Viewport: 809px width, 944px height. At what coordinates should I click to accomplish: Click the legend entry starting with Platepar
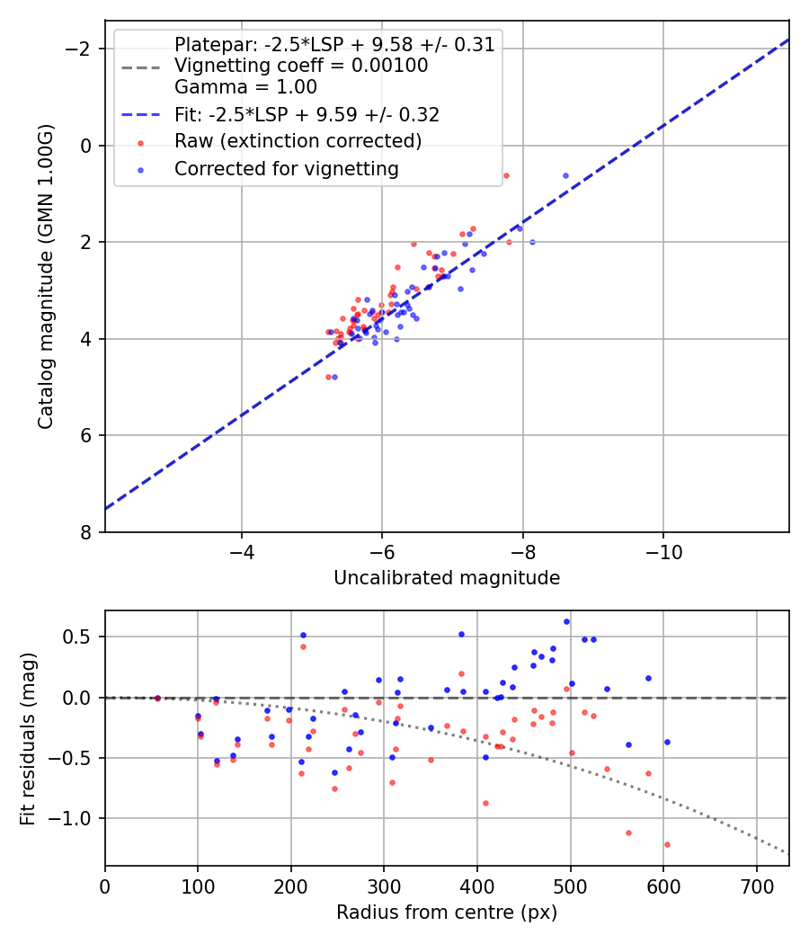[334, 45]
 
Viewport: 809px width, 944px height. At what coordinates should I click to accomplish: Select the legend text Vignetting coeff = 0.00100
[301, 66]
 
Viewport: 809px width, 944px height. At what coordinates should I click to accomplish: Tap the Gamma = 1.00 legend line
[245, 87]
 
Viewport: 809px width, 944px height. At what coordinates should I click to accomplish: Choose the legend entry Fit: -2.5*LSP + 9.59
[307, 114]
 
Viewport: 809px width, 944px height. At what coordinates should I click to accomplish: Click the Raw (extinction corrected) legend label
[298, 141]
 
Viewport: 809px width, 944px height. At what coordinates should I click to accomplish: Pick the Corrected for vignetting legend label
[287, 168]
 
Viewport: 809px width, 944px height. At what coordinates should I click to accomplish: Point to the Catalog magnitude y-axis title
[46, 276]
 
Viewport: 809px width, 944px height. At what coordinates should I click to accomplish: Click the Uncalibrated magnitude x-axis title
[447, 578]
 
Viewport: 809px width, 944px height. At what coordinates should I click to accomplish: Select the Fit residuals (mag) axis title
[28, 737]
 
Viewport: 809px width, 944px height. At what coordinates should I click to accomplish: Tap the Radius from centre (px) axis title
[447, 913]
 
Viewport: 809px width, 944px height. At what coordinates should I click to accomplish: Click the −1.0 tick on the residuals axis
[78, 818]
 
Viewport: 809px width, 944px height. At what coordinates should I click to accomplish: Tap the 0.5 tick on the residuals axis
[83, 637]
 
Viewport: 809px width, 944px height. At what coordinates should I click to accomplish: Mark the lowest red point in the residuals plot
[667, 844]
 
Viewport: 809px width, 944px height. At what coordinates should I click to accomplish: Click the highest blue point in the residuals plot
[566, 621]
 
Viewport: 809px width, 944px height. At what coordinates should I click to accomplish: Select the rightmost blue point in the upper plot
[565, 175]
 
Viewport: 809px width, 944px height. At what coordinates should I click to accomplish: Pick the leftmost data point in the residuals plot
[157, 698]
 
